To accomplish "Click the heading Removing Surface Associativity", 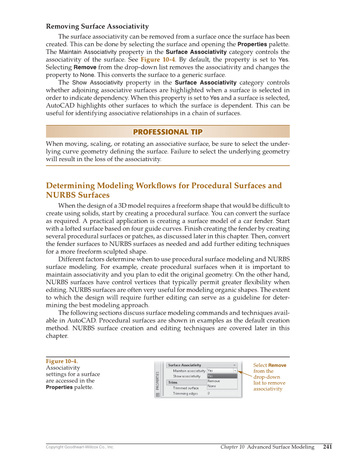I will [x=97, y=27].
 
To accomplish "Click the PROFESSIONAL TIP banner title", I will [x=167, y=132].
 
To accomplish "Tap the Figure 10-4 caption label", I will [x=61, y=361].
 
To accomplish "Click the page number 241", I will [x=327, y=447].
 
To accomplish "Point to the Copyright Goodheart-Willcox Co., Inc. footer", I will [x=80, y=447].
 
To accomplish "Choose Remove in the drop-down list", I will [x=214, y=381].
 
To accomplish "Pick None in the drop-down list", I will [x=212, y=386].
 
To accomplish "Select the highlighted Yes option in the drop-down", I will [x=210, y=376].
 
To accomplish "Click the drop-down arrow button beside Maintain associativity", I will [x=235, y=371].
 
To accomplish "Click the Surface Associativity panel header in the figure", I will [x=184, y=365].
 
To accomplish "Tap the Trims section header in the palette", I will [x=173, y=383].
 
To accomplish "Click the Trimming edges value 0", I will [x=209, y=394].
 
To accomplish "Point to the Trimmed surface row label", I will [x=186, y=388].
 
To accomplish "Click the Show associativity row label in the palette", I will [x=187, y=376].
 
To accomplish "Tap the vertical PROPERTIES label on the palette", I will [x=158, y=380].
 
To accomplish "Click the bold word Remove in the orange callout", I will [x=277, y=365].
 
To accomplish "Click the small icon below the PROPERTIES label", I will [x=158, y=394].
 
